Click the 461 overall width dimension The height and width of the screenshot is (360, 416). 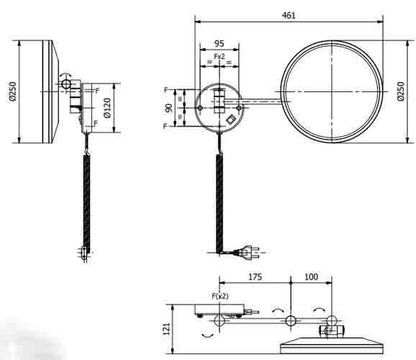pos(288,14)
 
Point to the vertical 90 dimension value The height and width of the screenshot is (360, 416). pos(168,107)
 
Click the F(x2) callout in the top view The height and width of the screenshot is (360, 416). pos(220,296)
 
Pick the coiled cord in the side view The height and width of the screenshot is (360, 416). pos(86,202)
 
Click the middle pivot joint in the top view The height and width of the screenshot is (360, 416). pos(290,320)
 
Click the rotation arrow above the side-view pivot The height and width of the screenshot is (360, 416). pos(66,74)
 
